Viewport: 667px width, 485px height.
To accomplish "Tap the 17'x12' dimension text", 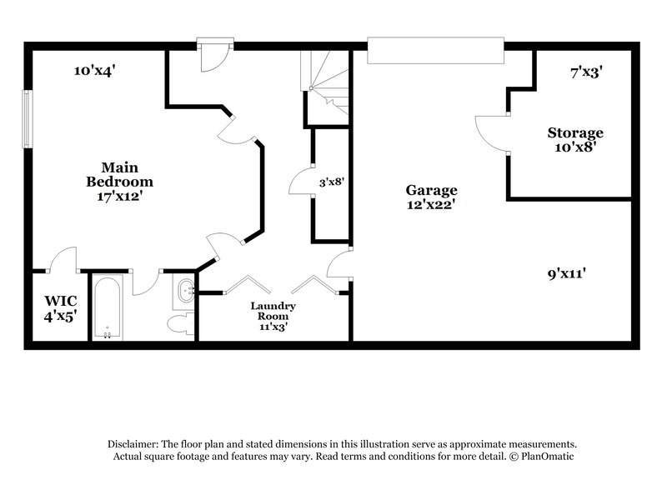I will (x=120, y=197).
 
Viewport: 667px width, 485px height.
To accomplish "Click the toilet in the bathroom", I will (x=179, y=322).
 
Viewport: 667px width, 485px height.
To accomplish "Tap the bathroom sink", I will (x=185, y=292).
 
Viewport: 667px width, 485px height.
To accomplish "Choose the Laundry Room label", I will (x=273, y=311).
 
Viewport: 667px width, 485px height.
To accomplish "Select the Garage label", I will (x=431, y=190).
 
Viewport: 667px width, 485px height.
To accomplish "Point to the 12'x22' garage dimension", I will (x=431, y=204).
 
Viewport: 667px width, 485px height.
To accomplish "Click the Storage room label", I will (x=574, y=133).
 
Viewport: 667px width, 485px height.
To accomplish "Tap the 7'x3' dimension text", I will (x=586, y=72).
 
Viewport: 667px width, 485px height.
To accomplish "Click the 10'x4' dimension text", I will (x=94, y=71).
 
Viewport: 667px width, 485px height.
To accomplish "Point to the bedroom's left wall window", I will (x=28, y=119).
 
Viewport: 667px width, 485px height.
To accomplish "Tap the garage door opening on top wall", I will (x=435, y=49).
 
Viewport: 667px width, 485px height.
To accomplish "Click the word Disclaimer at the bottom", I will (x=133, y=444).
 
